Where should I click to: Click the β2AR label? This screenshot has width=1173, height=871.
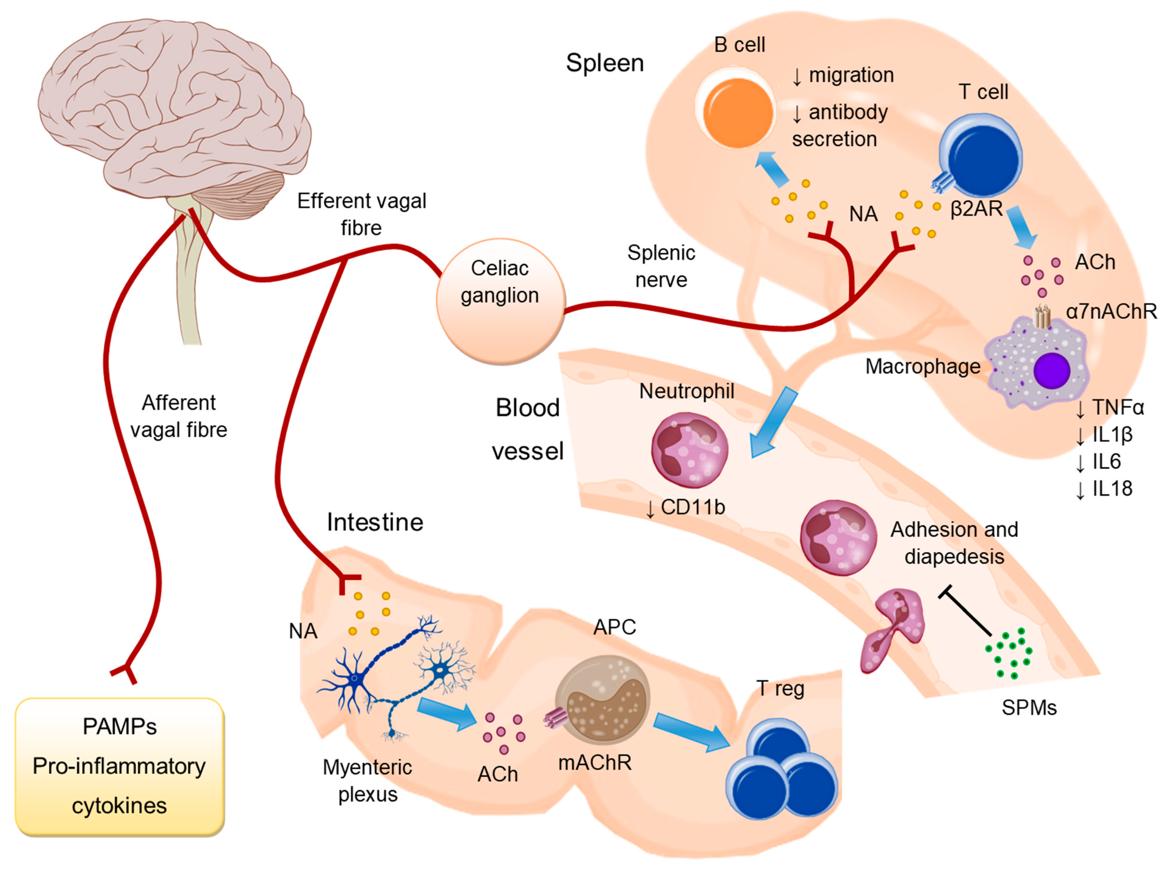976,209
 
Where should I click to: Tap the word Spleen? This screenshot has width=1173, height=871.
605,63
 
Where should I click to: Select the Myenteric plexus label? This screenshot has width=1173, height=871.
367,780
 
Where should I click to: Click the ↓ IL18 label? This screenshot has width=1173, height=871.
1104,489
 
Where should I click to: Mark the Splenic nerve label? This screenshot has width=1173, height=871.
661,266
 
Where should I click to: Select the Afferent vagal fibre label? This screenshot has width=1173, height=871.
179,416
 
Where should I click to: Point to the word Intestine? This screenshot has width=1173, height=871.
375,522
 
